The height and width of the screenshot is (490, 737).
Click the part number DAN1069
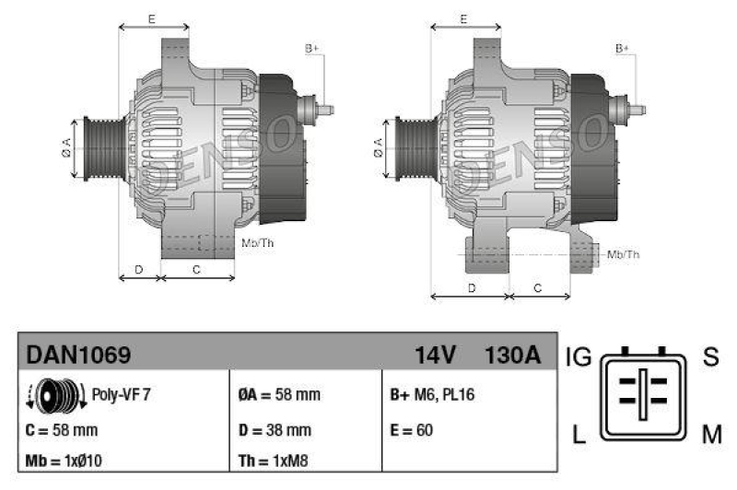point(78,354)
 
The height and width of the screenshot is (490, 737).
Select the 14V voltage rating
point(435,354)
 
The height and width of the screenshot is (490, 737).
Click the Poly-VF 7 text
point(121,394)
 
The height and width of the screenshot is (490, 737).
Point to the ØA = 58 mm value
point(279,395)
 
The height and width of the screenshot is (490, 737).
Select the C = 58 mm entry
point(62,429)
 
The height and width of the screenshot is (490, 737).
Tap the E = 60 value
point(412,429)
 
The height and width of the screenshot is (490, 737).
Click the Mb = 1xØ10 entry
point(64,461)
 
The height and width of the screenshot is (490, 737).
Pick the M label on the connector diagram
point(711,435)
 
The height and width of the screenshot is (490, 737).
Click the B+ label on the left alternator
point(311,48)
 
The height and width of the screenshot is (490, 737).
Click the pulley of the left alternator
point(96,147)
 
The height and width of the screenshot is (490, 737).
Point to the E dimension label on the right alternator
point(463,18)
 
